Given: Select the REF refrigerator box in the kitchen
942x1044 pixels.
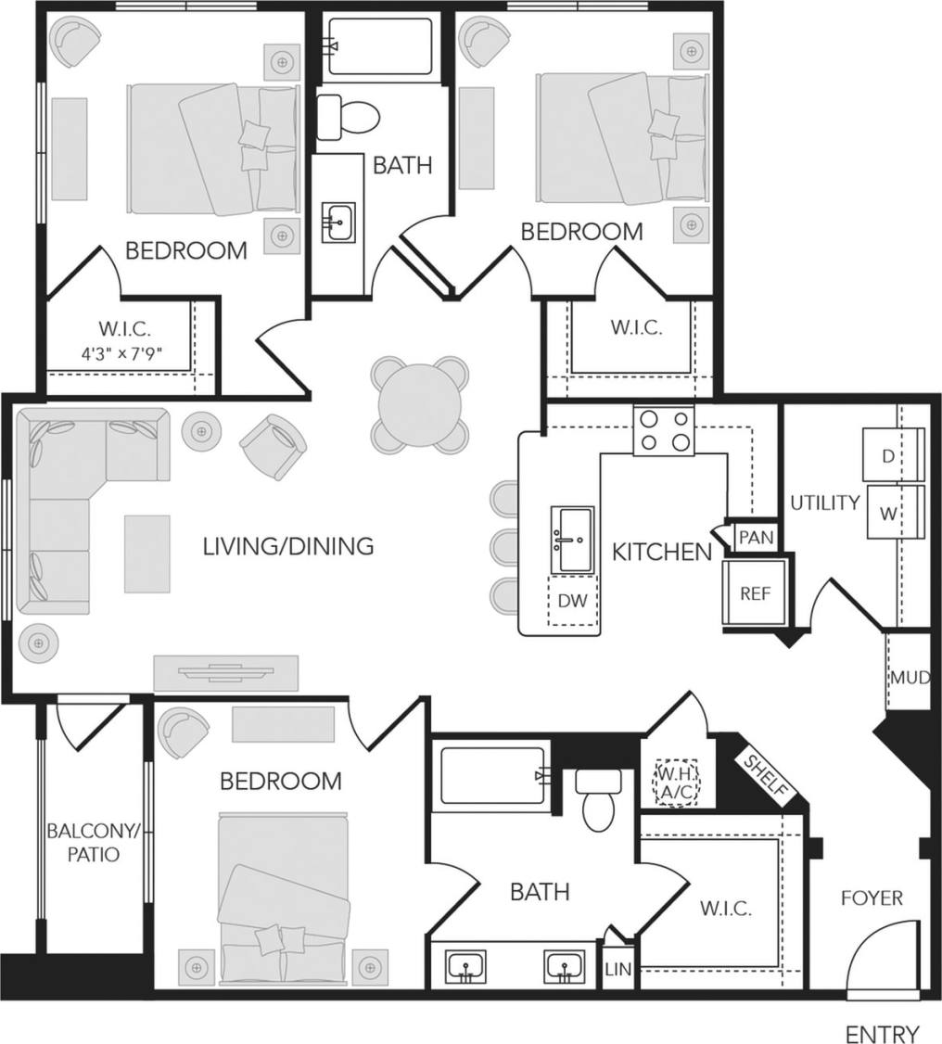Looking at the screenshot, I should (x=755, y=593).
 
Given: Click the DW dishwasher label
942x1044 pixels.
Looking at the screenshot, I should (x=572, y=601).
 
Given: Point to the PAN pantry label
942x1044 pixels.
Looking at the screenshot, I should (x=755, y=538).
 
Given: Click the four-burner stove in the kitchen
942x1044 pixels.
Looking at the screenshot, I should (x=664, y=431).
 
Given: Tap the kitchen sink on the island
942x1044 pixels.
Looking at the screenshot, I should (x=572, y=540).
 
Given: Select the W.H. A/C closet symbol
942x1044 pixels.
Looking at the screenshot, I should (x=675, y=783).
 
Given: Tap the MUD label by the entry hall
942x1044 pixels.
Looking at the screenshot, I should (x=909, y=677).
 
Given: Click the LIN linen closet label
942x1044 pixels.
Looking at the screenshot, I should (x=617, y=970).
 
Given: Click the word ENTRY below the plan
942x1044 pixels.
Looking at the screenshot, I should (x=882, y=1034).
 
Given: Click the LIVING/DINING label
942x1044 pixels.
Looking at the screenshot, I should (x=288, y=546).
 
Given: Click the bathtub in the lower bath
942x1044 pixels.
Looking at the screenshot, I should (x=492, y=775).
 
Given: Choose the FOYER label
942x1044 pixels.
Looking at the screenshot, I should (x=872, y=898).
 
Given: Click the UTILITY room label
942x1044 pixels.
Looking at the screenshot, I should (x=824, y=503).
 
